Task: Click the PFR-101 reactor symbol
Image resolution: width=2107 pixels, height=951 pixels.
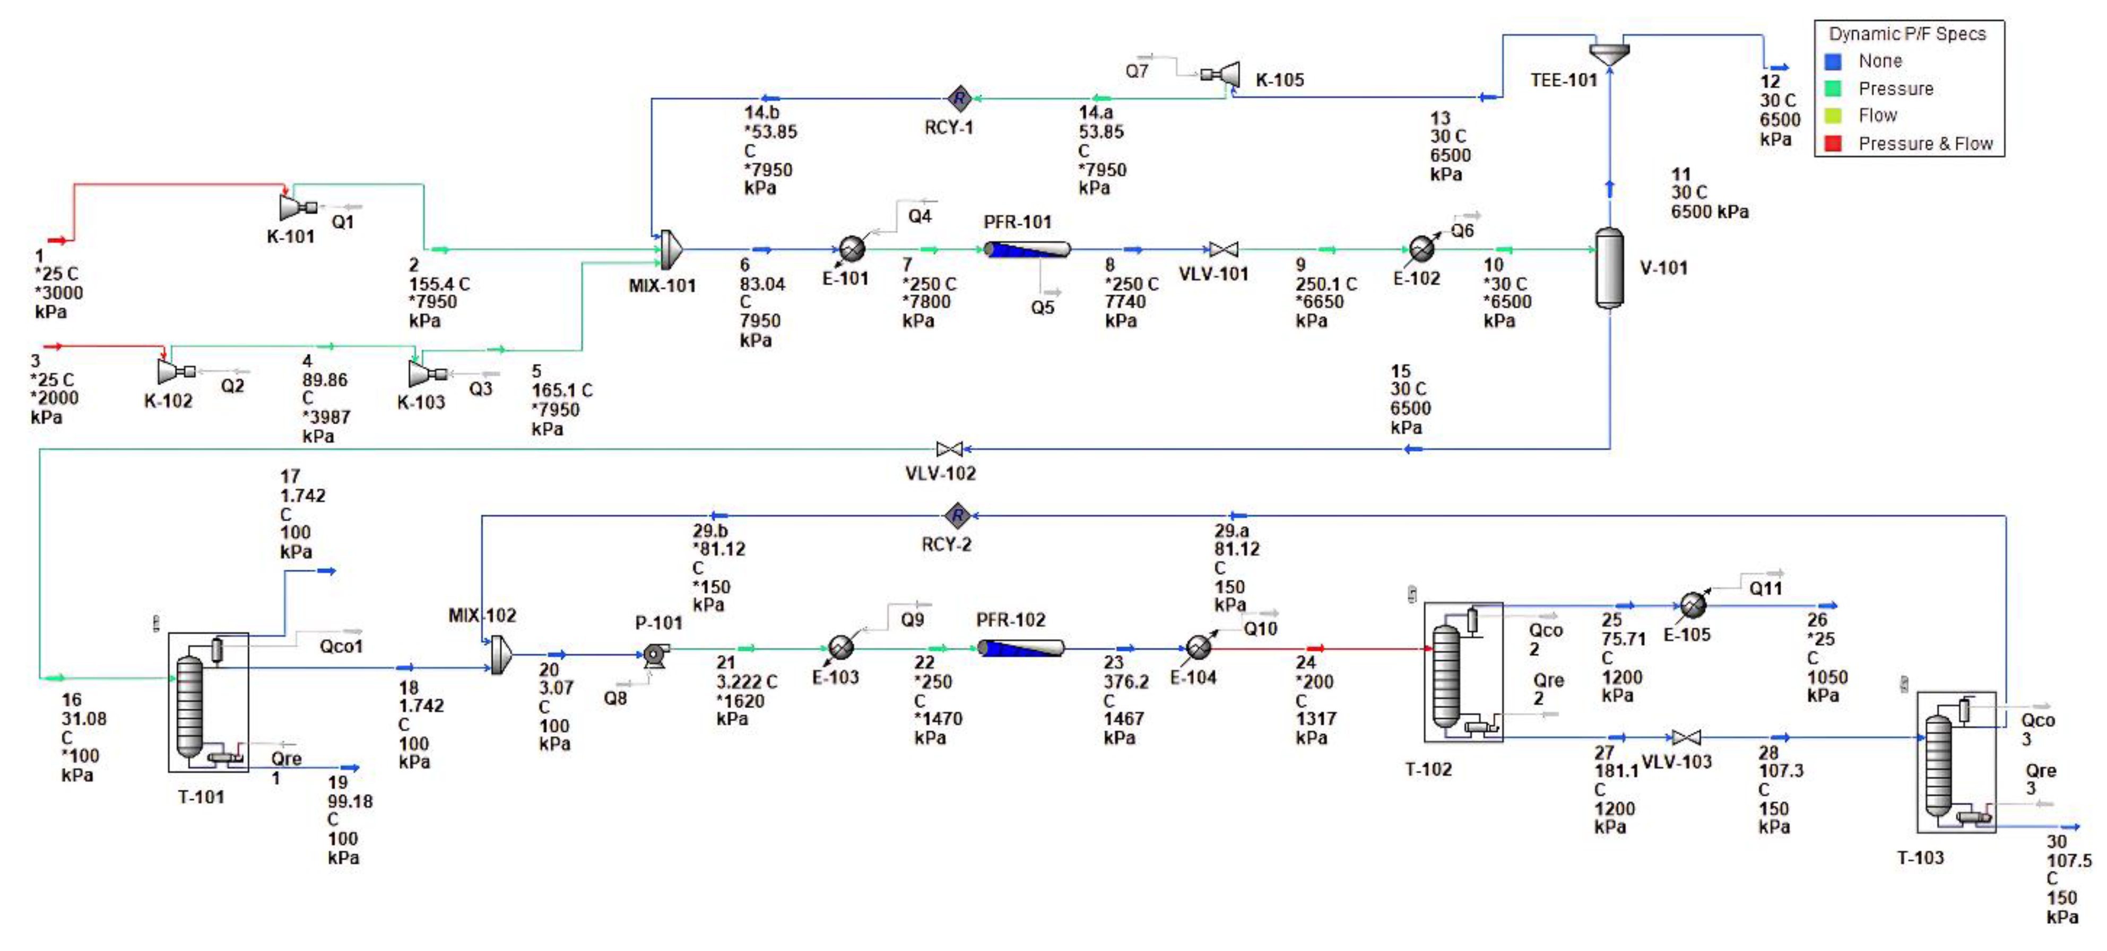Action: click(1027, 249)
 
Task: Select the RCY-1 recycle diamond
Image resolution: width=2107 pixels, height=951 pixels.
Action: click(959, 99)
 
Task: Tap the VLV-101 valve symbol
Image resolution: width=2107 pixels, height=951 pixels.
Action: click(1224, 249)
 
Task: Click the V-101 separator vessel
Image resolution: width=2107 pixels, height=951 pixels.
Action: click(1610, 267)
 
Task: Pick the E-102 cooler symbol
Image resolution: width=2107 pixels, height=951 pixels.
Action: click(1421, 249)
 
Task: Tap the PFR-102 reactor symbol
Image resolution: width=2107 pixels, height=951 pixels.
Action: click(1021, 649)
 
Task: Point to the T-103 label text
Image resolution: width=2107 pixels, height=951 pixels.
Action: click(1920, 858)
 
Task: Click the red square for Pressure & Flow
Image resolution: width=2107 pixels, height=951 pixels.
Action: click(1833, 144)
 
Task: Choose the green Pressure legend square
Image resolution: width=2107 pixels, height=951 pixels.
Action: click(1833, 89)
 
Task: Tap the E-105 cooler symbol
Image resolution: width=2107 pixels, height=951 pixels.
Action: click(1692, 605)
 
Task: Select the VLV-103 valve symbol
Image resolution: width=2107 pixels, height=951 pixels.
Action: click(1685, 738)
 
